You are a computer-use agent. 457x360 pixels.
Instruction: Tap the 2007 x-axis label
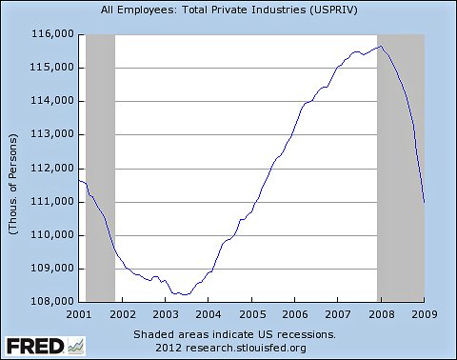coord(337,313)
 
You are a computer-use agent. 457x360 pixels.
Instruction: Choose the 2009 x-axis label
coord(424,313)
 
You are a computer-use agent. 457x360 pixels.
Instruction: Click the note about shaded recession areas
coord(233,334)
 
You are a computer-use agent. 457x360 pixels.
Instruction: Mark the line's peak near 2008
coord(381,46)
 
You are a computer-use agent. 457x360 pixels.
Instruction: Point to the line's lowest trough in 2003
coord(184,295)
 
